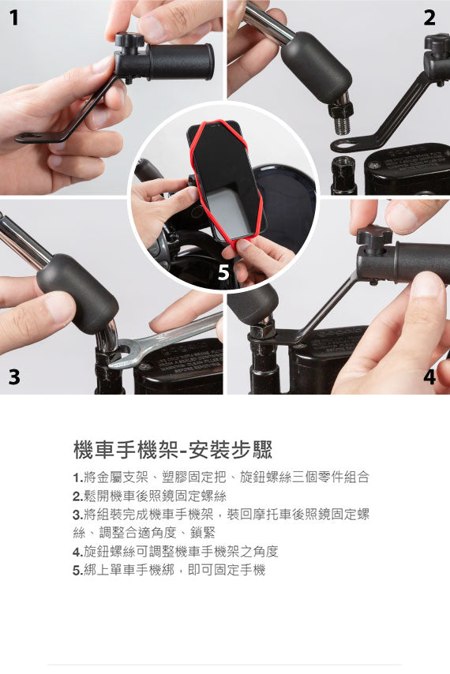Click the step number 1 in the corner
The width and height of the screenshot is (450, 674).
coord(14,18)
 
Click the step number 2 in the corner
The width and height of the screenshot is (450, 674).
coord(429,18)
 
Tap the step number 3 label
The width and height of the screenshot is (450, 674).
coord(14,376)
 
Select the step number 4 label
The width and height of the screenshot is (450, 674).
coord(429,376)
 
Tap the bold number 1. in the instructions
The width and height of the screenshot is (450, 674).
coord(77,478)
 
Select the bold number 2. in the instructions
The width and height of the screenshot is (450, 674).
coord(77,496)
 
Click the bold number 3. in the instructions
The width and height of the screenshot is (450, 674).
coord(77,515)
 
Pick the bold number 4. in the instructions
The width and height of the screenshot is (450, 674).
coord(77,552)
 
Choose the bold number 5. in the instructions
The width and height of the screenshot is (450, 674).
coord(77,570)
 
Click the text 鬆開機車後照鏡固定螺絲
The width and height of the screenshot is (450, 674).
coord(155,496)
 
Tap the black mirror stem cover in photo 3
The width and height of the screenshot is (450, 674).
coord(77,291)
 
